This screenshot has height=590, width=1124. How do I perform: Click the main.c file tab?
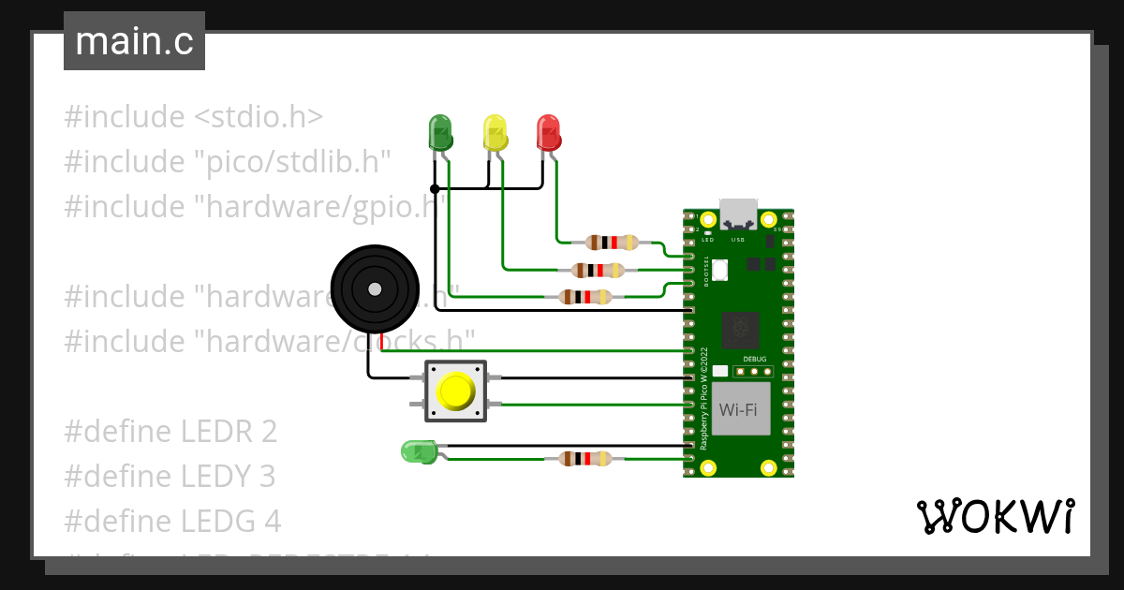pyautogui.click(x=134, y=41)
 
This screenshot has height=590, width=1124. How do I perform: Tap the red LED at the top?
pyautogui.click(x=548, y=133)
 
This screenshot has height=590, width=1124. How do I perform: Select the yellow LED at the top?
pyautogui.click(x=494, y=133)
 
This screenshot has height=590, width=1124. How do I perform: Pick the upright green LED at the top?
pyautogui.click(x=440, y=133)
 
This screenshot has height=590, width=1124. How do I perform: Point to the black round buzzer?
pyautogui.click(x=375, y=288)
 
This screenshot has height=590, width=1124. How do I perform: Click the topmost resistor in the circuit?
pyautogui.click(x=611, y=243)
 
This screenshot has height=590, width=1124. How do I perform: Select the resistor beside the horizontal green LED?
pyautogui.click(x=584, y=459)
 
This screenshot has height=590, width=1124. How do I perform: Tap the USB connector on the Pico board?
pyautogui.click(x=739, y=214)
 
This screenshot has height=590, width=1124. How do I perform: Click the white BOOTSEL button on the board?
pyautogui.click(x=719, y=270)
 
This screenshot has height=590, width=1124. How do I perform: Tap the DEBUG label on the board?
pyautogui.click(x=754, y=359)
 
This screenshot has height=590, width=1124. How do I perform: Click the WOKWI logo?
pyautogui.click(x=995, y=516)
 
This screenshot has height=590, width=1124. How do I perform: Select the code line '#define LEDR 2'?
pyautogui.click(x=170, y=432)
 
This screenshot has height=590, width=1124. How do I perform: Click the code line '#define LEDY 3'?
pyautogui.click(x=170, y=477)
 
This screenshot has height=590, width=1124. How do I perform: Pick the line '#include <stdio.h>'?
pyautogui.click(x=194, y=117)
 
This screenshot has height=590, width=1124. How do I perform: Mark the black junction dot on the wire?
pyautogui.click(x=434, y=188)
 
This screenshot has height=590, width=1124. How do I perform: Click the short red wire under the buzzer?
pyautogui.click(x=382, y=342)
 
